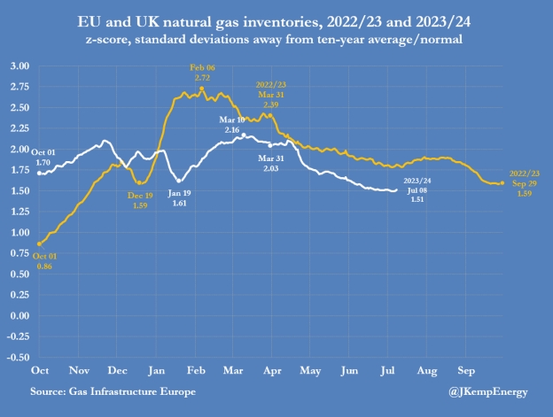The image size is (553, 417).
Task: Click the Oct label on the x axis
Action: (39, 367)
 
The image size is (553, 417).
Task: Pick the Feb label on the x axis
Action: (197, 367)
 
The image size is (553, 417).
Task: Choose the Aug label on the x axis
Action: (426, 367)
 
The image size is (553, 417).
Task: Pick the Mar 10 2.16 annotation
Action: (232, 123)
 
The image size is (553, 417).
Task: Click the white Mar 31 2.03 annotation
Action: (271, 162)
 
